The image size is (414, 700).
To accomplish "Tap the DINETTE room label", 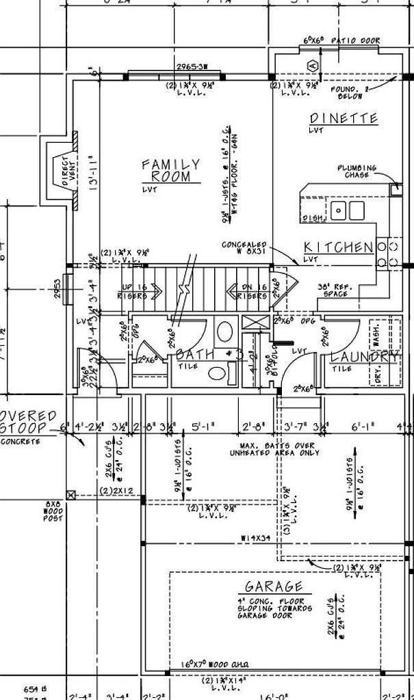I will (x=343, y=119).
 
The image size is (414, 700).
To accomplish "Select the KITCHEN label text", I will (x=338, y=247).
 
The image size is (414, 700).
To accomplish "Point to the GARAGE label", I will (x=273, y=587).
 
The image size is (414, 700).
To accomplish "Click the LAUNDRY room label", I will (x=364, y=357).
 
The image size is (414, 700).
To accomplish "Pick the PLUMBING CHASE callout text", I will (x=357, y=171).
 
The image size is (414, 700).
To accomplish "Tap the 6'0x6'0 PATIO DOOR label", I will (x=341, y=41).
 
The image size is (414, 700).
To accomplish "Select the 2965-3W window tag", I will (x=192, y=67).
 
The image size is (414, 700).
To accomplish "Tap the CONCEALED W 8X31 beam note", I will (x=244, y=247).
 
